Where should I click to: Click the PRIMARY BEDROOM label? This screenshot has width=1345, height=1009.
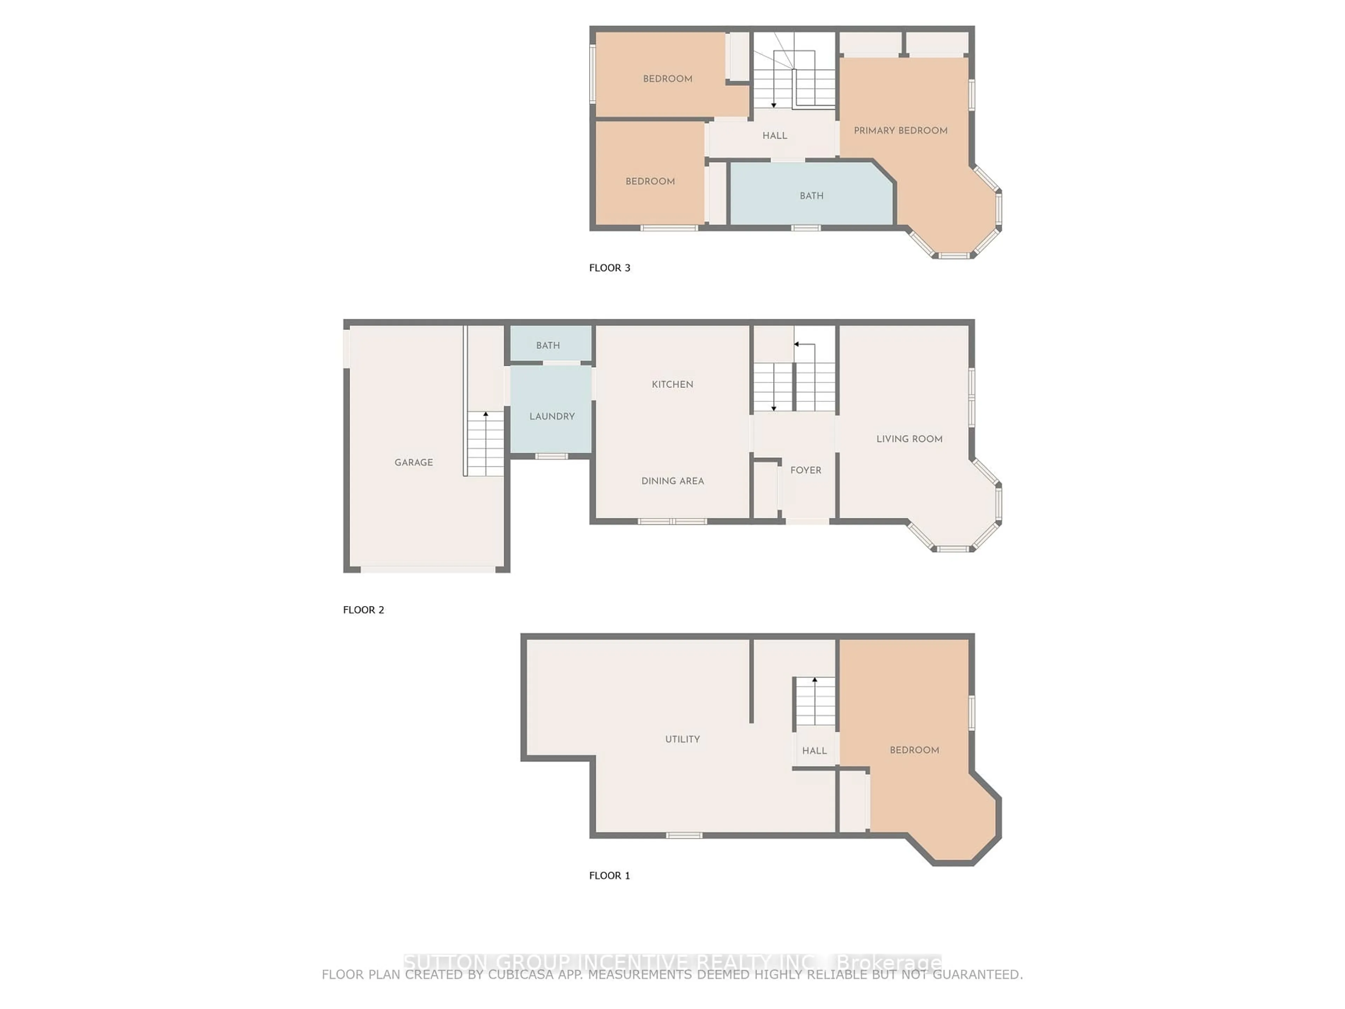click(901, 131)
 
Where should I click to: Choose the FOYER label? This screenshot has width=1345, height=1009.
click(806, 470)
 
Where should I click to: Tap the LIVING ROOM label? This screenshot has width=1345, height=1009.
click(909, 439)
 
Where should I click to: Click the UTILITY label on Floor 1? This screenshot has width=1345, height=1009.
click(682, 739)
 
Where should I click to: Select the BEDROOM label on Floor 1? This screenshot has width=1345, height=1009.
click(914, 750)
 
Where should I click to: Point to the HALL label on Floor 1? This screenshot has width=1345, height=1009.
click(814, 750)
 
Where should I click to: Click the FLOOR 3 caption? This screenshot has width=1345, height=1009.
click(609, 268)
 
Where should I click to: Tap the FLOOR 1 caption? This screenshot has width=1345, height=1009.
click(609, 875)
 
